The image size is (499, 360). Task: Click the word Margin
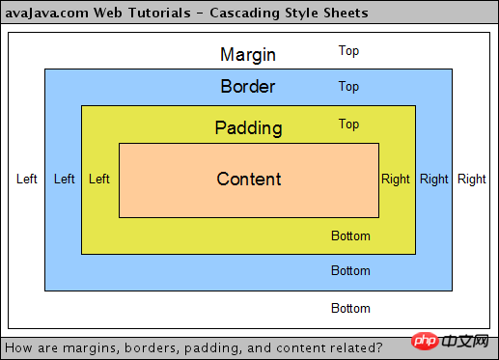coord(248,54)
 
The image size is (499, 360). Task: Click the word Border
coord(248,87)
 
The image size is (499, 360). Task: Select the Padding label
coord(248,127)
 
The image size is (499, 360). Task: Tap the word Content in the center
coord(249,179)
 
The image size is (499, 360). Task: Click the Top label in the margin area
coord(348,50)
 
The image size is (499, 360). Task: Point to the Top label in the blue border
coord(348,87)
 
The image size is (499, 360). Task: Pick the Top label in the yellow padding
coord(348,124)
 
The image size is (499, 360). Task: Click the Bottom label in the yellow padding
coord(350,235)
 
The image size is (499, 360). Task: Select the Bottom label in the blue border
coord(350,271)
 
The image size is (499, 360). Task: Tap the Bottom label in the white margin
coord(350,309)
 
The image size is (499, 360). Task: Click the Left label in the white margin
coord(27,179)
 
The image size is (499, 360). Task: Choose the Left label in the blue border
coord(64,179)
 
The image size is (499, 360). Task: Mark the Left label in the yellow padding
coord(98,179)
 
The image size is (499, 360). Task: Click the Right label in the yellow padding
coord(396,179)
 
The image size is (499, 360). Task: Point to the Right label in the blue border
coord(434,179)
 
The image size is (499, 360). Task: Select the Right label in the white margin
coord(472,179)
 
